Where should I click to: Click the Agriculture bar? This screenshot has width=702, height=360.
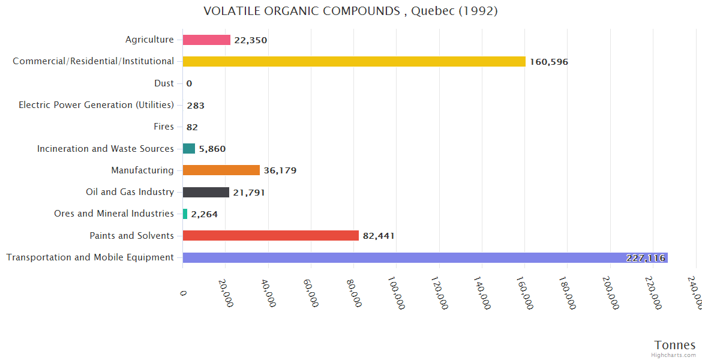206,40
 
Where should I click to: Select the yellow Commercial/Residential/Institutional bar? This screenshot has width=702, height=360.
354,61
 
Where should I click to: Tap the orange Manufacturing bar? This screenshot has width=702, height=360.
221,170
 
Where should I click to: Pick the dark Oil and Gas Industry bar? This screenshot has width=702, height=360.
206,192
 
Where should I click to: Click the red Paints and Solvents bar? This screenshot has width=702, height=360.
271,236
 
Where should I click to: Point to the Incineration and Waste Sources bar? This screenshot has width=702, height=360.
189,148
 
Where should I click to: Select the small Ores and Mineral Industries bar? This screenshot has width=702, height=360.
185,214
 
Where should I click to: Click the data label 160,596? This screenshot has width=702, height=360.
549,62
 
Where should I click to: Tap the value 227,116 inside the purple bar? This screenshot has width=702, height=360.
646,258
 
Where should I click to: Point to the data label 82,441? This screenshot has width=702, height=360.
379,236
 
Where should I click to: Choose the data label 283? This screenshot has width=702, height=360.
196,106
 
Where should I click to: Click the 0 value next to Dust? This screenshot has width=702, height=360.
189,83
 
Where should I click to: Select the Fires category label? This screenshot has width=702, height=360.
164,127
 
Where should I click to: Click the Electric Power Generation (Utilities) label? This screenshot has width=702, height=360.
96,105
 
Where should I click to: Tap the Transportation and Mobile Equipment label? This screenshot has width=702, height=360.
90,257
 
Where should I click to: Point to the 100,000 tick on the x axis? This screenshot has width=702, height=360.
397,293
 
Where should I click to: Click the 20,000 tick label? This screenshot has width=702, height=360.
226,293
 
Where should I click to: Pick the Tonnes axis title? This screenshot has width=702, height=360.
675,345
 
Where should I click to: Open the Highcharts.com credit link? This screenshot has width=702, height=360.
674,355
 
